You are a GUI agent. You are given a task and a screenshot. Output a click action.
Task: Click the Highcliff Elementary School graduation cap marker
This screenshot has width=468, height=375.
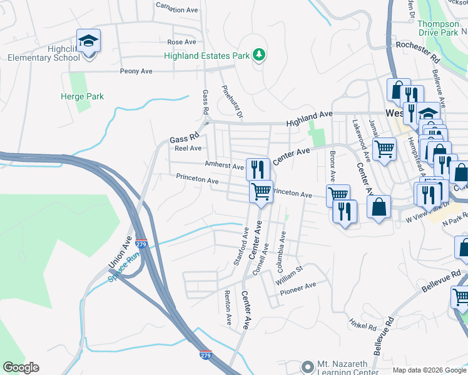[x=88, y=41]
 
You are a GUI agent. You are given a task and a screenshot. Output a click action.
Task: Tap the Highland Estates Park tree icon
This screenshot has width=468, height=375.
[x=258, y=56]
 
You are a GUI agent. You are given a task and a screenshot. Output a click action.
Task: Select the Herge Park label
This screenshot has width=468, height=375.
[x=82, y=96]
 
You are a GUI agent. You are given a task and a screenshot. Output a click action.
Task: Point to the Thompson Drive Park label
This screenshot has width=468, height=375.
[x=438, y=29]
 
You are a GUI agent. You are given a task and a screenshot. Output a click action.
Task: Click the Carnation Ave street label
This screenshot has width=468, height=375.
[x=178, y=10]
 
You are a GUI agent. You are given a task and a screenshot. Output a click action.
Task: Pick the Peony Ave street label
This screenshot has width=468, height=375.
[x=136, y=71]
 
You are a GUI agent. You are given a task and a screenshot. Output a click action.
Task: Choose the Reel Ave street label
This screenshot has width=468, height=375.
[x=188, y=148]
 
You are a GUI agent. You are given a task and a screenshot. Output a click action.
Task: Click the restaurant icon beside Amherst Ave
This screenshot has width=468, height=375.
[x=258, y=169]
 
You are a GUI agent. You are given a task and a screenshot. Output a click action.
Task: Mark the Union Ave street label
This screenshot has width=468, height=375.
[x=127, y=249]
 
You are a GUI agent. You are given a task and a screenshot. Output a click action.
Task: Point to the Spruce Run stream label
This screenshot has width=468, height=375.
[x=124, y=267]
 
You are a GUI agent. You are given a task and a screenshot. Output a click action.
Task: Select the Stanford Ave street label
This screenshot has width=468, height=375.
[x=242, y=246]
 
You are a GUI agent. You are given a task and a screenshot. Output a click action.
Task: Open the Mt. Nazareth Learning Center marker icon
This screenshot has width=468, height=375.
[x=307, y=366]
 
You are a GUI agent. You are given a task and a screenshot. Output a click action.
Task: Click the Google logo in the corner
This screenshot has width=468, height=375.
[x=21, y=367]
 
